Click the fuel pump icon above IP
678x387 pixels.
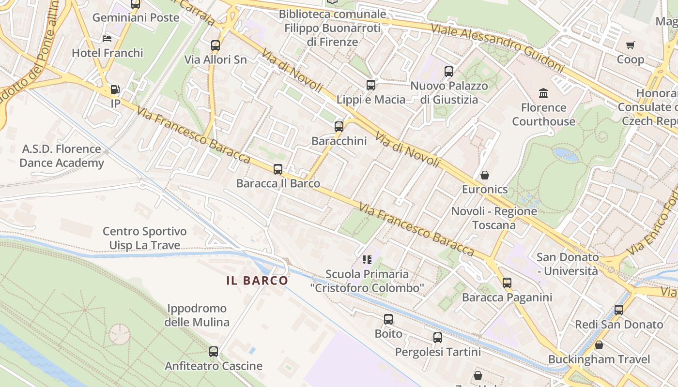tap(115, 89)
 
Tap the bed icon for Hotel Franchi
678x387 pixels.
tap(107, 39)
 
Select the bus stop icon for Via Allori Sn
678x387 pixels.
tap(216, 45)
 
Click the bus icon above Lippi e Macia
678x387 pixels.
tap(371, 85)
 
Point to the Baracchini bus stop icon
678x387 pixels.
tap(339, 127)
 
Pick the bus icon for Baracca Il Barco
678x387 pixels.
tap(278, 169)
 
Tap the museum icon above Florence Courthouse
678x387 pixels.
tap(543, 93)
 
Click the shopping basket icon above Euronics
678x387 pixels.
tap(485, 175)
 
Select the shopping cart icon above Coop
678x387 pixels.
tap(630, 45)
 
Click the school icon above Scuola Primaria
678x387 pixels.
tap(367, 260)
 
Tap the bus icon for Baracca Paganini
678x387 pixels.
tap(507, 283)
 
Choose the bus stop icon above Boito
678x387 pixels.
tap(388, 319)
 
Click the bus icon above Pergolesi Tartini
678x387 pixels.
tap(438, 338)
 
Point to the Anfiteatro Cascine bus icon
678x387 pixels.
tap(214, 352)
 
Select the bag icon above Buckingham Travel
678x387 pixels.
tap(599, 345)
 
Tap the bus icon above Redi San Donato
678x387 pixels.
tap(619, 310)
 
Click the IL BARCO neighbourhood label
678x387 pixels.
tap(257, 281)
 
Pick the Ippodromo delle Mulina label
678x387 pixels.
tap(197, 315)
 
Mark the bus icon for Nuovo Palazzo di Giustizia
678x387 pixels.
tap(449, 72)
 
